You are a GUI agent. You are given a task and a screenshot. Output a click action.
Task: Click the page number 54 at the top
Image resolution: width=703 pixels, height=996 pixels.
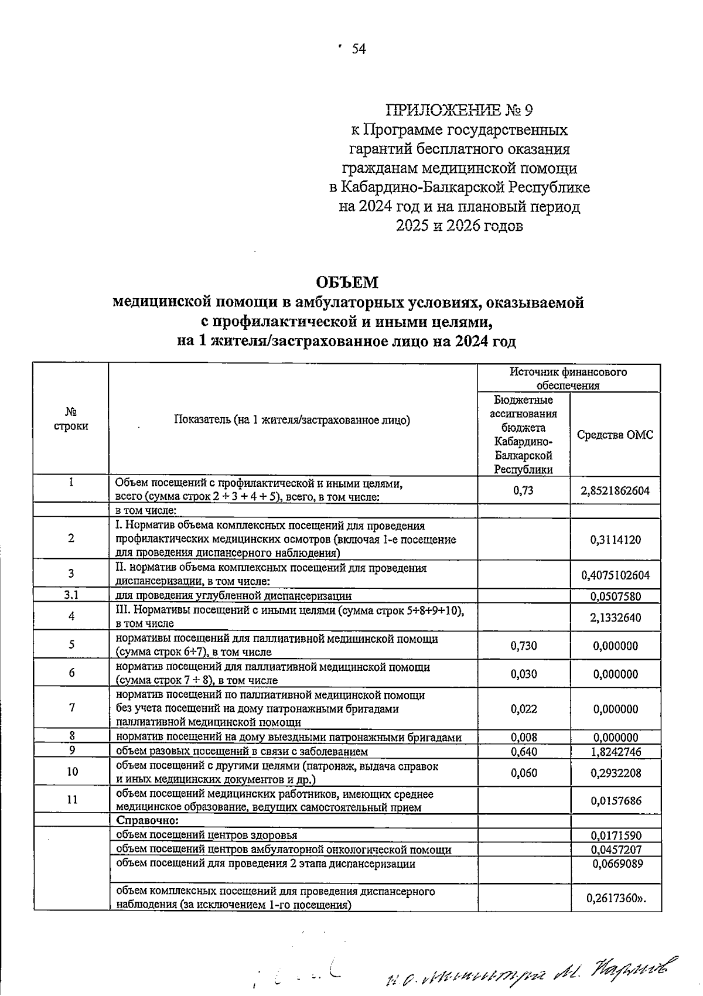[x=359, y=49]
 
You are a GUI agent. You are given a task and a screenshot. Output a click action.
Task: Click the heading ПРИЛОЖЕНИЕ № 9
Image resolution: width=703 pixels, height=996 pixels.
[x=459, y=110]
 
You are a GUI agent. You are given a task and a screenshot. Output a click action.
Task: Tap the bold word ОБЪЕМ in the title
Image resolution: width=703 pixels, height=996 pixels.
[x=347, y=282]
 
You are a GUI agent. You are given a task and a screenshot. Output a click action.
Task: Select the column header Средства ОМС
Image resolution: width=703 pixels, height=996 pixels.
[x=615, y=435]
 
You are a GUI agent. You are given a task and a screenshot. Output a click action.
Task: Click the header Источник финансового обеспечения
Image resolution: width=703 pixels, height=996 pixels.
[x=568, y=378]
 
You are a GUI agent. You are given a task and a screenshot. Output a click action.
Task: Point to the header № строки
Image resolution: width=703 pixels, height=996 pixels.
[x=71, y=419]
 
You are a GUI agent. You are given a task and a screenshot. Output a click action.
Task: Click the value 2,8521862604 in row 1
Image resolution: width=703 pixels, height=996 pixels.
[x=615, y=490]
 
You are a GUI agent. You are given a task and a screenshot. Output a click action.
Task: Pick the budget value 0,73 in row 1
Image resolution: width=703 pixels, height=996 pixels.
[x=523, y=490]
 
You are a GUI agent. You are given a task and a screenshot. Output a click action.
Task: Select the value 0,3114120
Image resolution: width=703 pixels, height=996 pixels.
[x=616, y=540]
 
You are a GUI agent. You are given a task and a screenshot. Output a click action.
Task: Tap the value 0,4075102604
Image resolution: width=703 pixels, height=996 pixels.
[x=615, y=575]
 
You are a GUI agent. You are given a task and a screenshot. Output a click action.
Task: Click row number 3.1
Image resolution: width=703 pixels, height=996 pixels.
[x=71, y=595]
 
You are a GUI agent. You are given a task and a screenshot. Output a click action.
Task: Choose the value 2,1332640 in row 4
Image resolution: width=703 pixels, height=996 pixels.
[x=616, y=617]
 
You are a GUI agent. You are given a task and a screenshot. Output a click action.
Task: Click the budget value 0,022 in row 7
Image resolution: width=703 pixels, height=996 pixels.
[x=523, y=709]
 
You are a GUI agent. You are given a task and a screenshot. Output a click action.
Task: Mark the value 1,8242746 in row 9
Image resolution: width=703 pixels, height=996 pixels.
[x=616, y=752]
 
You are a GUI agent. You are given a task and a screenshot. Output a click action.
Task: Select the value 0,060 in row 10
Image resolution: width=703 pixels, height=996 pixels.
[x=523, y=773]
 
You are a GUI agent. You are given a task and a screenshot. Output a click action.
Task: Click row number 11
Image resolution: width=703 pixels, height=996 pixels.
[x=71, y=800]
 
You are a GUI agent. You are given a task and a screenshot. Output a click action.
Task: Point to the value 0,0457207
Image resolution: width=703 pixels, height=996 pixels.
[x=616, y=849]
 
